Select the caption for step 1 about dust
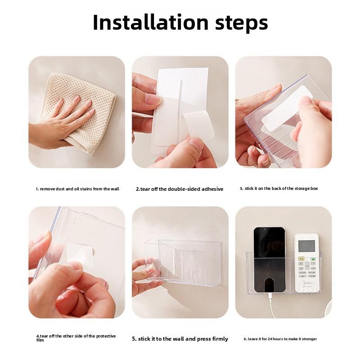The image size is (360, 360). [x=77, y=189]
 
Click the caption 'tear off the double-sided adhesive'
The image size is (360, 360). [x=180, y=189]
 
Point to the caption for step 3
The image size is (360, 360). [x=279, y=189]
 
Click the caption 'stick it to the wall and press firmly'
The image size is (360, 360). [x=180, y=339]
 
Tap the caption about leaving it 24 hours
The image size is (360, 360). [x=280, y=339]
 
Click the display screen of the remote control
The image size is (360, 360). [x=306, y=247]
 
